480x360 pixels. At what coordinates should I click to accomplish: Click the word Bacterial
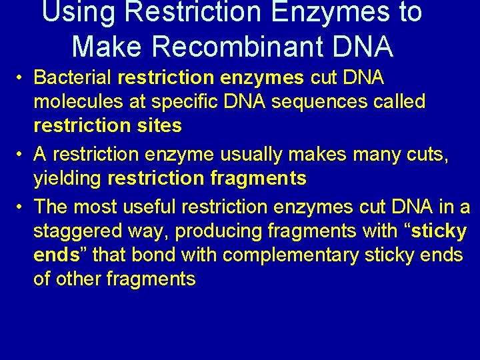pos(73,77)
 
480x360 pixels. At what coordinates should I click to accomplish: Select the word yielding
pos(68,179)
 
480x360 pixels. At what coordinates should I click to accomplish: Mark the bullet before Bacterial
pos(21,78)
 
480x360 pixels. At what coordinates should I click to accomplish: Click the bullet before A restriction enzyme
pos(21,154)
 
